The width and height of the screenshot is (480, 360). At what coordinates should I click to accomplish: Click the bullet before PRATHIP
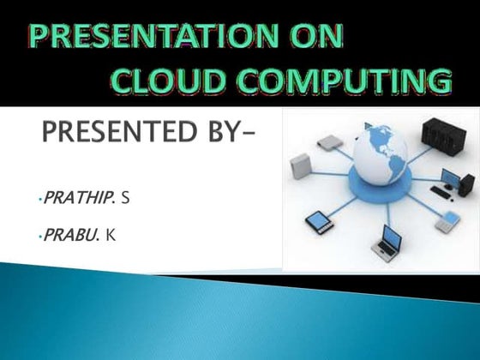click(x=39, y=200)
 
